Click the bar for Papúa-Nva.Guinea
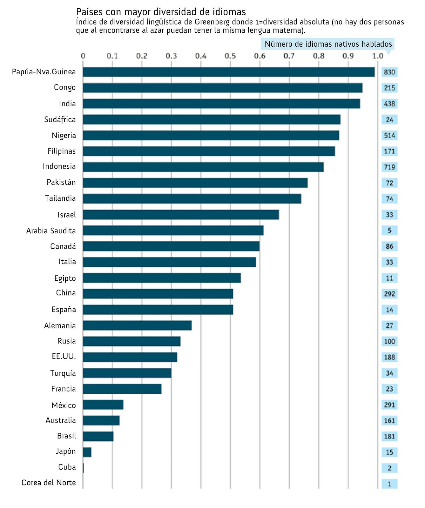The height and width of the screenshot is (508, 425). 229,72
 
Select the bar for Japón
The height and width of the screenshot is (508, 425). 87,452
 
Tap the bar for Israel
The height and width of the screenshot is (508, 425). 181,215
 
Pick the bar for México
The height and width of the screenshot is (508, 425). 103,405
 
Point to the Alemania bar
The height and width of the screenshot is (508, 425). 137,325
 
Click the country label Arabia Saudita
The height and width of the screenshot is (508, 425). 51,231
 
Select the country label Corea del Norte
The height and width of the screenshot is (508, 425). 49,483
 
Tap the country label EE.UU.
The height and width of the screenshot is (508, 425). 64,357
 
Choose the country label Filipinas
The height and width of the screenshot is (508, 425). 62,151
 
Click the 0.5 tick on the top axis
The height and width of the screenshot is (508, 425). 230,56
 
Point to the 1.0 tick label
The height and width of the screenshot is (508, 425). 377,56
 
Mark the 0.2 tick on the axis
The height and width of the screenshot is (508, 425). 142,56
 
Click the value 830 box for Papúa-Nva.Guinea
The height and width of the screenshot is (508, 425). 389,72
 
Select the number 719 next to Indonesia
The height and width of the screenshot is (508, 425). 389,167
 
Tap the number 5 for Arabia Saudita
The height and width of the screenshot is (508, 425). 389,231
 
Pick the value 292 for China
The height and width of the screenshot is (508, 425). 389,294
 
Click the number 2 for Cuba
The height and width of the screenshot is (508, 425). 389,468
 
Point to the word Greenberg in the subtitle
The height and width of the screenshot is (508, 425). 212,22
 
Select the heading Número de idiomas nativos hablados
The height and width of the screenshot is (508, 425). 328,44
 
